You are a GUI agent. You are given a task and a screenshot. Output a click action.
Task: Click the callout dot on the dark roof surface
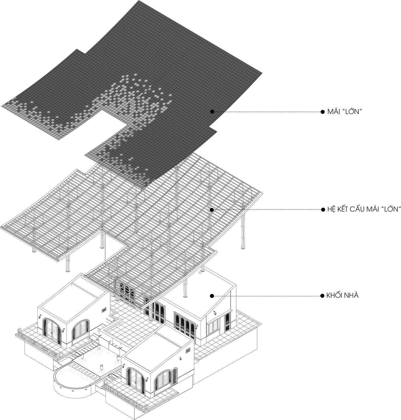[212, 111]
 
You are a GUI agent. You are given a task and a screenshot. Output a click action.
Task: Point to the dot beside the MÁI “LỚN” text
[323, 112]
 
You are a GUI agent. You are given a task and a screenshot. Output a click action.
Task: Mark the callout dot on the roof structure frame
[212, 210]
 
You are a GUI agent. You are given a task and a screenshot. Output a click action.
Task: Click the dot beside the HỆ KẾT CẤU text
[323, 210]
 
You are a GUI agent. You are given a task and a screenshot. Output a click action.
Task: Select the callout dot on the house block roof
[212, 296]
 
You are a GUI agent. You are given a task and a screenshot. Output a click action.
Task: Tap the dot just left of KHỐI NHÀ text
[322, 296]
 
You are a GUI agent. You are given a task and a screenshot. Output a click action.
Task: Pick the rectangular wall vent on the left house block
[104, 310]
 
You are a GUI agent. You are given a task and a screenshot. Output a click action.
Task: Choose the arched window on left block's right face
[80, 330]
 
